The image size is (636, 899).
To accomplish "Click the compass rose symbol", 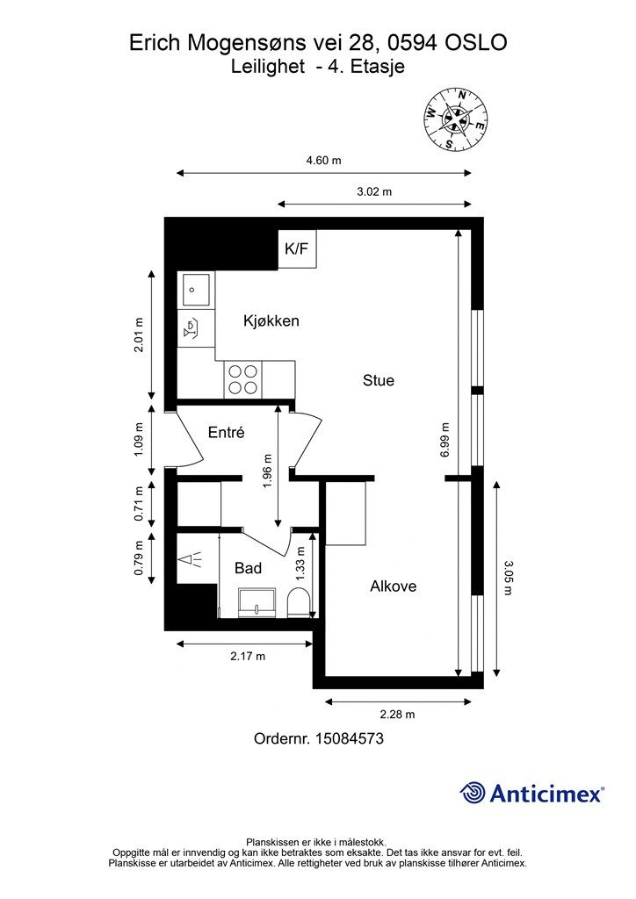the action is (455, 119).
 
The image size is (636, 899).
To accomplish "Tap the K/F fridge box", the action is (297, 248).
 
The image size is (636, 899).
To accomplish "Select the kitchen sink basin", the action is (196, 289).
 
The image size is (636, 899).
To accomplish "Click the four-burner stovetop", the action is (242, 379).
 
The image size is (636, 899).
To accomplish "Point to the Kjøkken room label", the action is (271, 320).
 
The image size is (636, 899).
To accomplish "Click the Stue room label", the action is (379, 380).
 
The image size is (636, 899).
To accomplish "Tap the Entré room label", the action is (226, 432).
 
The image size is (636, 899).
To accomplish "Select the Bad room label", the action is (249, 568).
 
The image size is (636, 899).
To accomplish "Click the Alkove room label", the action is (394, 586).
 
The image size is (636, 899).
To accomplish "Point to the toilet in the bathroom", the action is (298, 602).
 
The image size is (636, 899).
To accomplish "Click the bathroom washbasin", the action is (257, 602).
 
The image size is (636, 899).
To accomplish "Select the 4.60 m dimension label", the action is (323, 161).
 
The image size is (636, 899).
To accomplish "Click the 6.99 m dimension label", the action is (445, 439).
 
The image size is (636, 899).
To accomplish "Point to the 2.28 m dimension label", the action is (397, 715).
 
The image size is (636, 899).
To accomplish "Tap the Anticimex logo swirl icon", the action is (473, 793).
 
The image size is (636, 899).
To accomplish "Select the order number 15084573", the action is (350, 738).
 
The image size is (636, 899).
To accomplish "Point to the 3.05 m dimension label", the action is (508, 578).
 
